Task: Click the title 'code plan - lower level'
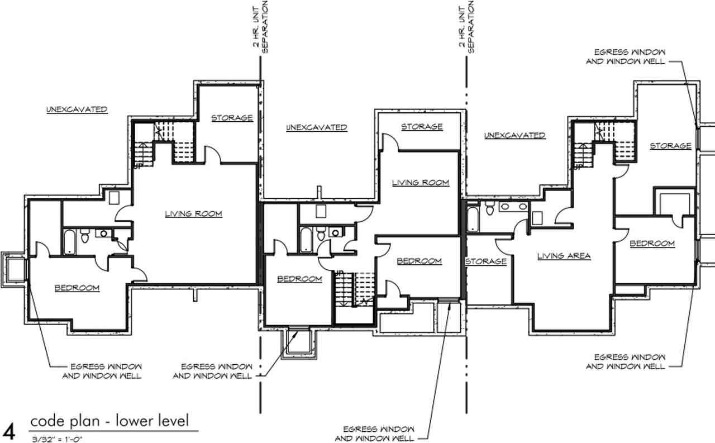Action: tap(110, 421)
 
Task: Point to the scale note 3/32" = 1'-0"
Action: tap(57, 440)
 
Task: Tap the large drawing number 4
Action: tap(8, 432)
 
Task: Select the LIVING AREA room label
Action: tap(564, 256)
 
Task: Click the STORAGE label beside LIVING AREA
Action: tap(486, 261)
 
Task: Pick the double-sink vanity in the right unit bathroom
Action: tap(514, 207)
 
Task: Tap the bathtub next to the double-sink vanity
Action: tap(473, 219)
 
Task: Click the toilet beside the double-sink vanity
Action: tap(489, 208)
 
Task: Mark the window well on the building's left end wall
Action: tap(13, 270)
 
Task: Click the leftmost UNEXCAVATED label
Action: tap(77, 109)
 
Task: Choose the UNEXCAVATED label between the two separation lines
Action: tap(316, 127)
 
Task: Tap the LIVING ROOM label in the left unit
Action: tap(193, 213)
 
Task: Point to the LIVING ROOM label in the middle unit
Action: tap(421, 182)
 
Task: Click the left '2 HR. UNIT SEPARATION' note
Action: tap(260, 27)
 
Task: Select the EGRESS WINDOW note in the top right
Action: tap(626, 56)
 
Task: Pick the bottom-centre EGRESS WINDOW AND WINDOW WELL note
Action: tap(374, 434)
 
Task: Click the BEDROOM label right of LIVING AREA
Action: tap(652, 244)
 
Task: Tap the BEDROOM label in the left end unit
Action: tap(77, 288)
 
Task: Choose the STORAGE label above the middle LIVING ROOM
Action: tap(422, 127)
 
